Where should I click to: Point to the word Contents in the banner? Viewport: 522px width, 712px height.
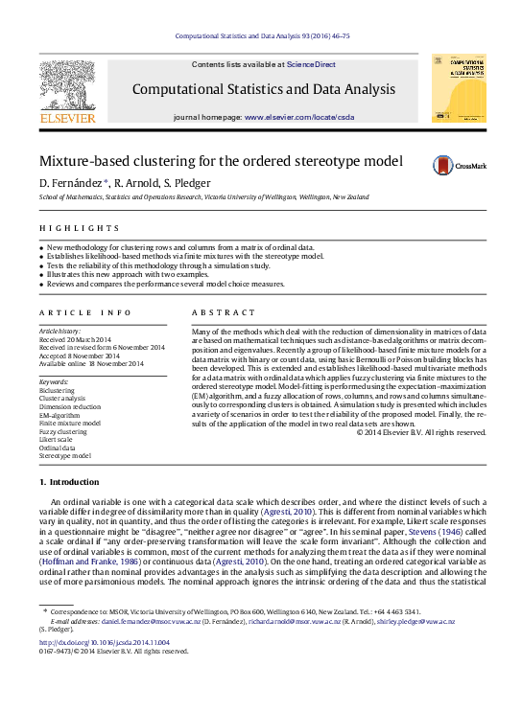coord(208,64)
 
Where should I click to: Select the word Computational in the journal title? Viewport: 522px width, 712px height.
coord(179,89)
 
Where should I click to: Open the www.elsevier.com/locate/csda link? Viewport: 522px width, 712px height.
coord(298,116)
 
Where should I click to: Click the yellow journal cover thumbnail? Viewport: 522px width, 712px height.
coord(458,88)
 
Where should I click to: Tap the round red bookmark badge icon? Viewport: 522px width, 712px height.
coord(442,165)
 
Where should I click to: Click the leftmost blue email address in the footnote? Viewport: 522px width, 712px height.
coord(152,621)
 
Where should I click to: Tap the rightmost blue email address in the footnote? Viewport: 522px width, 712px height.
coord(416,621)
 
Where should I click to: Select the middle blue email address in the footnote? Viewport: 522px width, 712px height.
coord(295,621)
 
